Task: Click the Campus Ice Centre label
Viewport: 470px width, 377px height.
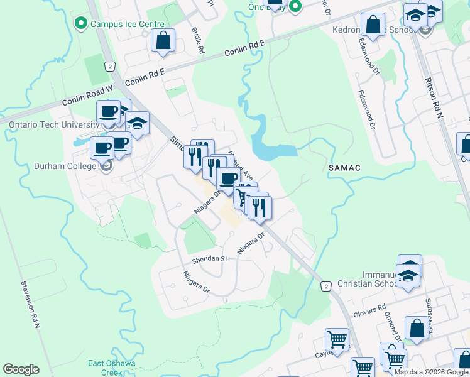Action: click(x=119, y=25)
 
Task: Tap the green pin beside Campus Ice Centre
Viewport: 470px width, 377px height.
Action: click(x=80, y=24)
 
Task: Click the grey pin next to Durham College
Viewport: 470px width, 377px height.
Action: click(x=106, y=166)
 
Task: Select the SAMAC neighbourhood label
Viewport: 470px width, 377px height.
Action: click(x=343, y=168)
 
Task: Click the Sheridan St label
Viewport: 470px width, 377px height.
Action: click(x=210, y=259)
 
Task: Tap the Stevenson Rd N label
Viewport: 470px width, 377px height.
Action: click(x=28, y=305)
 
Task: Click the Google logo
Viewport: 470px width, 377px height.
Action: click(x=21, y=369)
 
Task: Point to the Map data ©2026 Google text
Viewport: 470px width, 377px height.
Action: click(x=431, y=372)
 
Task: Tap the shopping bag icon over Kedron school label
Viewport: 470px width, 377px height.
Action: click(x=373, y=25)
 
